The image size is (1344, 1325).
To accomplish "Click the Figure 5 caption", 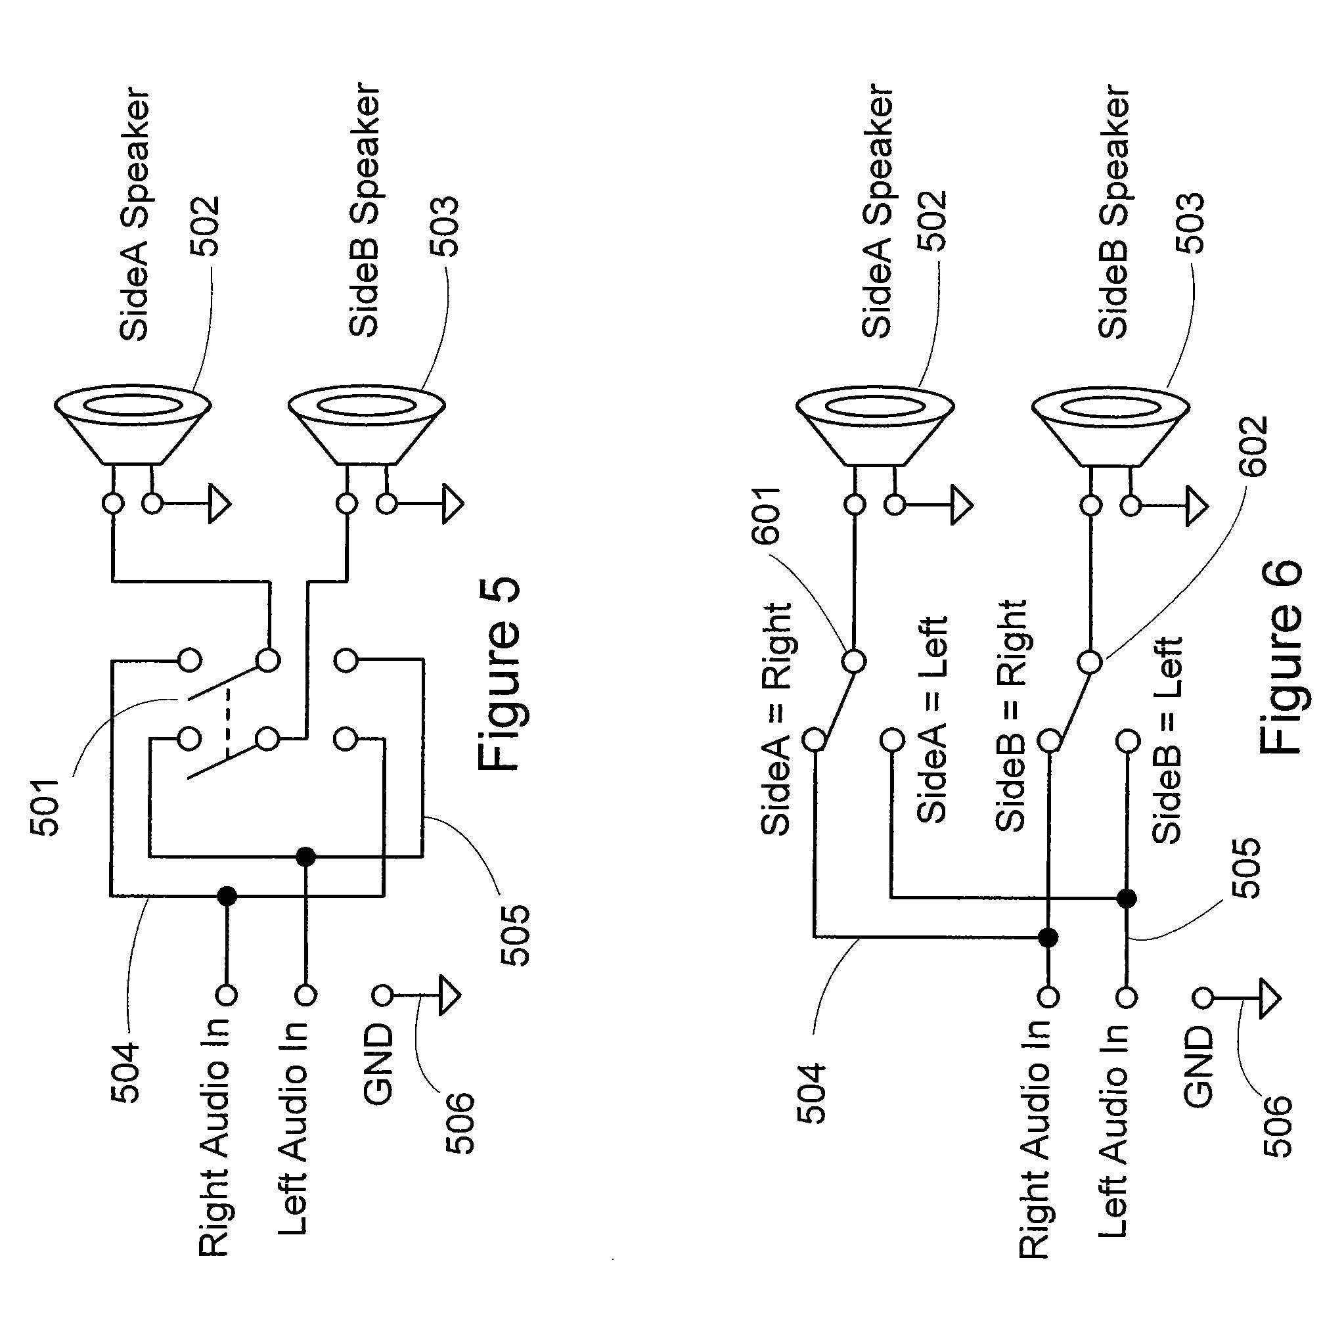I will pyautogui.click(x=499, y=674).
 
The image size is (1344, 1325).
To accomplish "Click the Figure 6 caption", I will pyautogui.click(x=1281, y=658).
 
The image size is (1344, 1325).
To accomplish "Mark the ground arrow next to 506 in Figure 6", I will pyautogui.click(x=1270, y=999).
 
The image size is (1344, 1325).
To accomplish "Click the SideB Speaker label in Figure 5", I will pyautogui.click(x=365, y=209).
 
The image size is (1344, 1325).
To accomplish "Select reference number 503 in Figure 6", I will pyautogui.click(x=1189, y=223).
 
